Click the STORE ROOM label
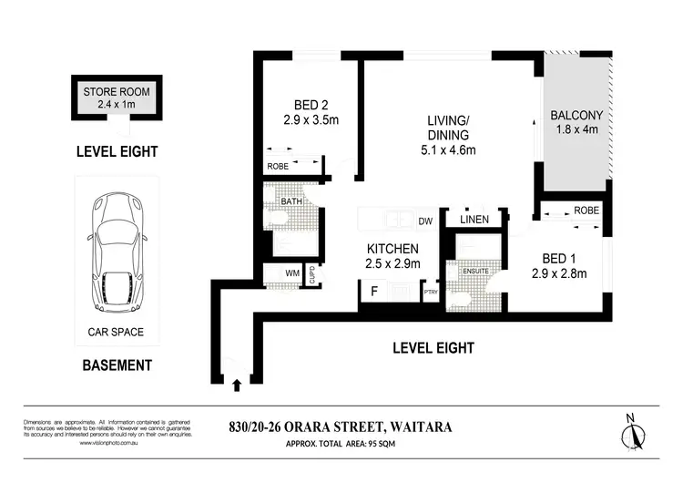[116, 92]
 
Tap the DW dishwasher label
[424, 221]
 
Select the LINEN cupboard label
[474, 220]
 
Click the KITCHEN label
[392, 249]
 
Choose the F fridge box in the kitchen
[374, 292]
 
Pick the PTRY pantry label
[430, 293]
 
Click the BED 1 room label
[557, 256]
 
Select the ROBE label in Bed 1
[586, 211]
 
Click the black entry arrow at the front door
[238, 385]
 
